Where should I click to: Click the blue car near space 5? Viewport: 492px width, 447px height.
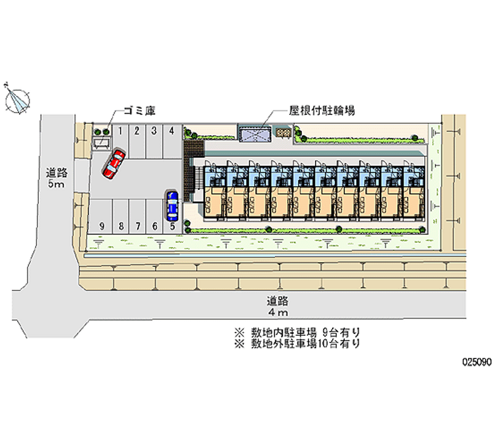tap(172, 205)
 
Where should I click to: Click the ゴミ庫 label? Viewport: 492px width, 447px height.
tap(138, 111)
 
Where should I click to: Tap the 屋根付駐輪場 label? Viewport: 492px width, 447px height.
tap(322, 111)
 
